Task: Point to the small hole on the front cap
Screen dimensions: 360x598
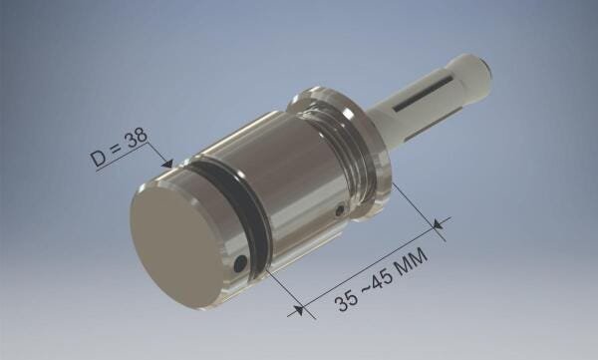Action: pyautogui.click(x=240, y=263)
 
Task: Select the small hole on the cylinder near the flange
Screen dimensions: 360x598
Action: pyautogui.click(x=341, y=210)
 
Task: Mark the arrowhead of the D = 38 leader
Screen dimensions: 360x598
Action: pyautogui.click(x=169, y=164)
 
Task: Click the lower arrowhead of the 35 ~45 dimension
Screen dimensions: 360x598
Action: pyautogui.click(x=296, y=311)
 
